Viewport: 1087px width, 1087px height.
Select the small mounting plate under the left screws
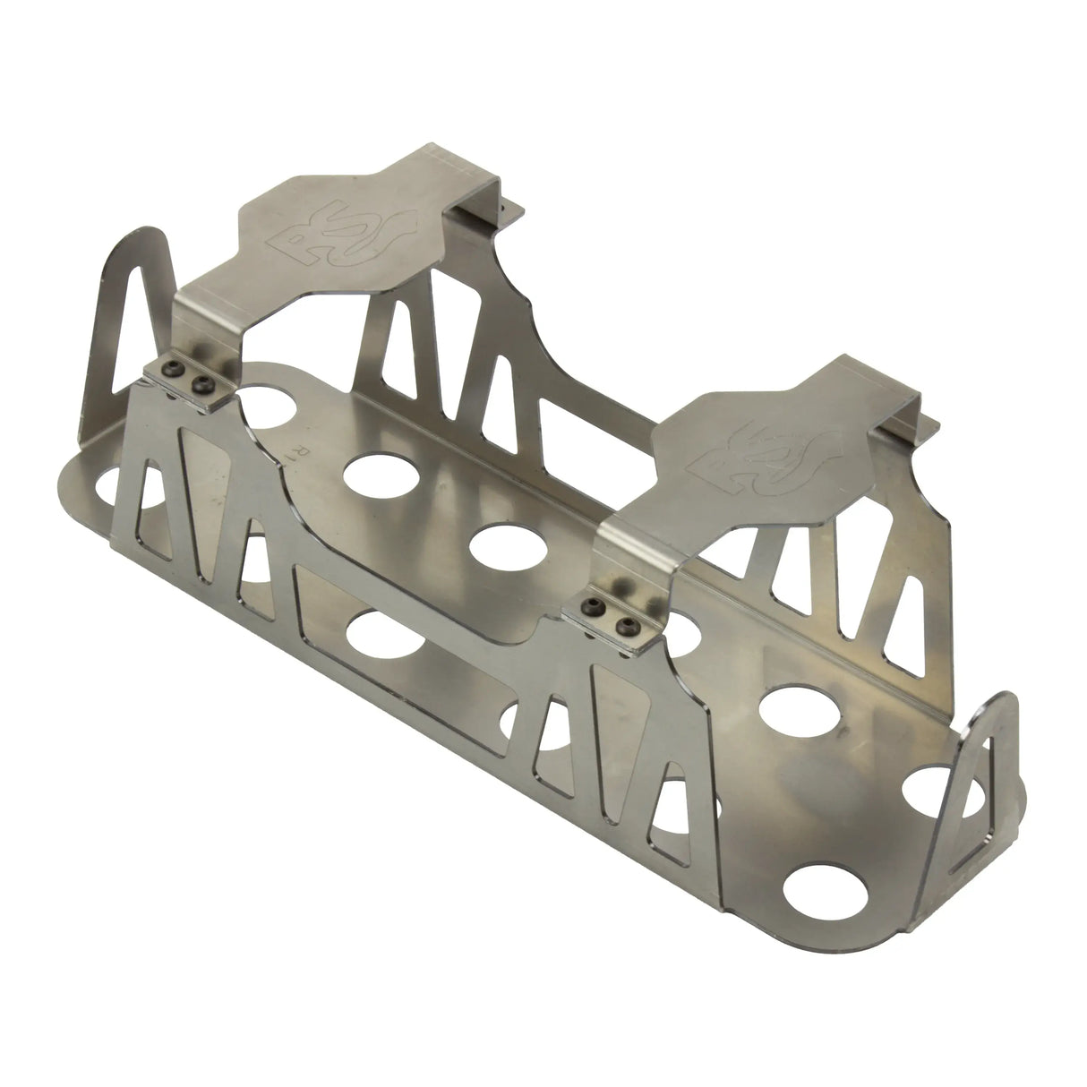[184, 387]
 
